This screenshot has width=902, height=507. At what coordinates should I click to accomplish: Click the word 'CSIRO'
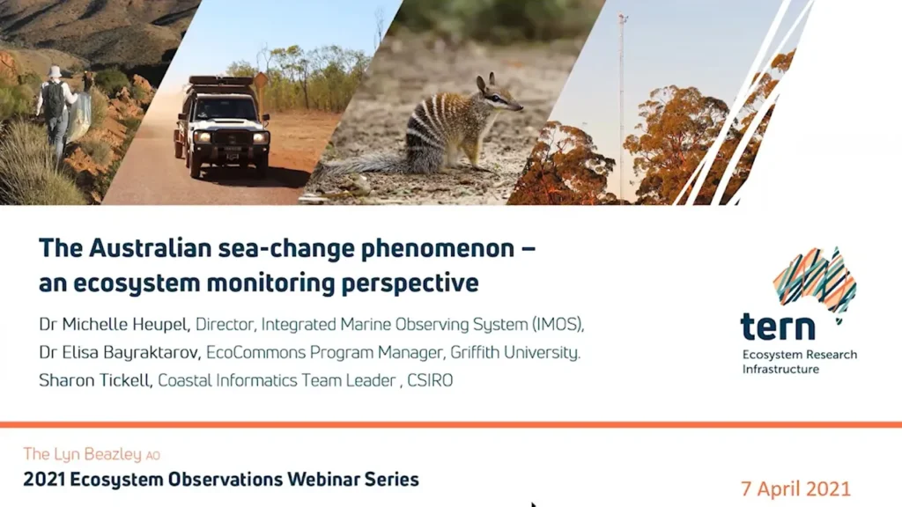point(430,380)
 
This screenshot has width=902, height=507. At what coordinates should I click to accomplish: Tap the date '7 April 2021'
point(795,489)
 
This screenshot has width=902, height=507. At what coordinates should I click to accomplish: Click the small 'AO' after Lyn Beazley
point(152,456)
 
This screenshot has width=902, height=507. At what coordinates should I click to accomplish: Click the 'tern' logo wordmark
point(777,327)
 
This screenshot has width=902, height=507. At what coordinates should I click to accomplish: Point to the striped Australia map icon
point(815,280)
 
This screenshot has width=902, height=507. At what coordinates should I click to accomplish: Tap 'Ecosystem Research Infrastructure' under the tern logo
point(799,362)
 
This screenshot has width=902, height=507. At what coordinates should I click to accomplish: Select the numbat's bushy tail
point(358,167)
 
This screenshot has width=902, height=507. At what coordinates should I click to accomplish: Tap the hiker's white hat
point(55,71)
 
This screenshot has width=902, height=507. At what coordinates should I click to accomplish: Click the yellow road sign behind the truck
point(261,81)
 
